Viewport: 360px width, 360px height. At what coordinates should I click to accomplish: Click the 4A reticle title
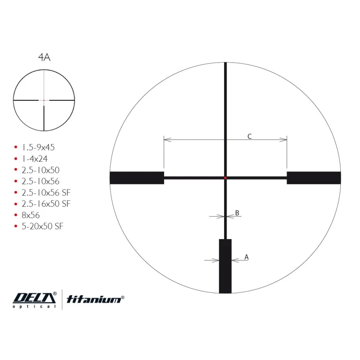[44, 57]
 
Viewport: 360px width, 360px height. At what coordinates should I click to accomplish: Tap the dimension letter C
[250, 136]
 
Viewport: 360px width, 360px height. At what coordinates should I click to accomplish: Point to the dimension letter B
[237, 213]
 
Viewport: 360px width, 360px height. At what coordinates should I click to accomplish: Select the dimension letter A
[246, 257]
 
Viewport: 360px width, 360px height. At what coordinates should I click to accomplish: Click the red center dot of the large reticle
[225, 178]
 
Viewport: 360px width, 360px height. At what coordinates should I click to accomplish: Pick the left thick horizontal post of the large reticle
[137, 178]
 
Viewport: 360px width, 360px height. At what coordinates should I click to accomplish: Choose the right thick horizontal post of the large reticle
[314, 178]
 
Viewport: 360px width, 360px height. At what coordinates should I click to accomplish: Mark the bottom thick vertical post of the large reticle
[225, 266]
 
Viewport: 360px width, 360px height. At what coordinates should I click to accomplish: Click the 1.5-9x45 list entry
[38, 147]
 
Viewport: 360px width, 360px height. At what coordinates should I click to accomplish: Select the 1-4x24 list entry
[35, 159]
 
